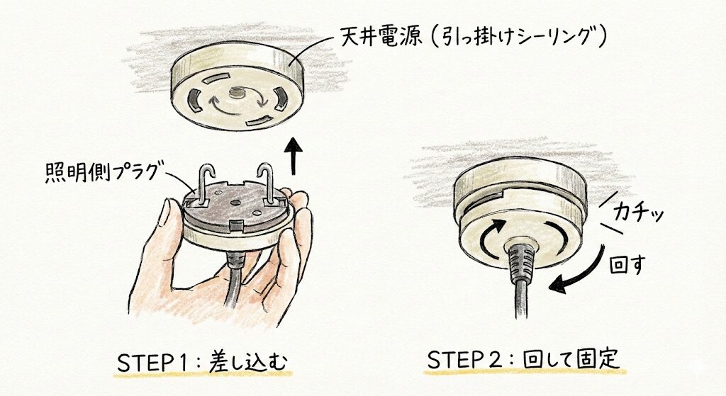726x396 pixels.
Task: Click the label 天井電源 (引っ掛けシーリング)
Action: (x=474, y=36)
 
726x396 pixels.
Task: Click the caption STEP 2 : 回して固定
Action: (x=523, y=359)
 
